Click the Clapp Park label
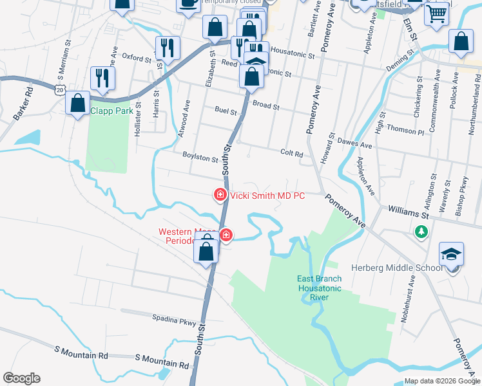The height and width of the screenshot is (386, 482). (111, 111)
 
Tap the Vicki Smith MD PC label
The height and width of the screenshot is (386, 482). (267, 196)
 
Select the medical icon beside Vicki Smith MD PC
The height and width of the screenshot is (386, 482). (220, 194)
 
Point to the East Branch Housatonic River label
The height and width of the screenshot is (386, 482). (320, 284)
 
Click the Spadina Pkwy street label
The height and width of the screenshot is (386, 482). (173, 318)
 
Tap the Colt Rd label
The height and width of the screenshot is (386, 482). (292, 154)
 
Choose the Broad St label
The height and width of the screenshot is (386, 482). (266, 105)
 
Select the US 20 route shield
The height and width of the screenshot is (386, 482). (60, 91)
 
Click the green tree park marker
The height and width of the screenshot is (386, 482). (422, 232)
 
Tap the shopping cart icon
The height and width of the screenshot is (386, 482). (437, 13)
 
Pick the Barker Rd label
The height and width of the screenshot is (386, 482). (23, 108)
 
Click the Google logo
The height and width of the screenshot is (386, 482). (21, 378)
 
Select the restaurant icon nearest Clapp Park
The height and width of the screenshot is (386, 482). (102, 78)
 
